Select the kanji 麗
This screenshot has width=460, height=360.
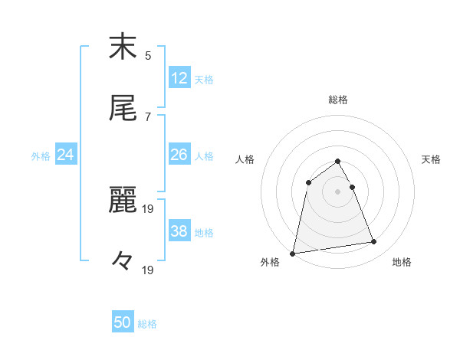click(x=123, y=200)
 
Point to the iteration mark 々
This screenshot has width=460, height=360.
click(x=122, y=261)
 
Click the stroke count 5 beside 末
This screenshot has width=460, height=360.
click(x=148, y=55)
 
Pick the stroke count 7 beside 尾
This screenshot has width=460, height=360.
click(x=148, y=116)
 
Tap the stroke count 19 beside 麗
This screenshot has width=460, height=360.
click(x=150, y=208)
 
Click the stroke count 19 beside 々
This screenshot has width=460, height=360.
click(x=150, y=270)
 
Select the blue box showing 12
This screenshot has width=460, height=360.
click(x=179, y=77)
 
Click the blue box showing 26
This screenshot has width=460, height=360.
click(x=179, y=155)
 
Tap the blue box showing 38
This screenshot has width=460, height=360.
click(x=179, y=231)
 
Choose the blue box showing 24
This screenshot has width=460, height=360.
click(x=66, y=155)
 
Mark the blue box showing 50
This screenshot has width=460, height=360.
click(x=123, y=322)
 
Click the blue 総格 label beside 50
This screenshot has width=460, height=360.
click(x=147, y=324)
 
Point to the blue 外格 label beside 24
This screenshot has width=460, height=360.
click(x=41, y=156)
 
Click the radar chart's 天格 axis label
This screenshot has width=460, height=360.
click(x=431, y=159)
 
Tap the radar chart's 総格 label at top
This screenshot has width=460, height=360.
click(x=338, y=100)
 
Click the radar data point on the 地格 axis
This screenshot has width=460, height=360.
click(x=374, y=242)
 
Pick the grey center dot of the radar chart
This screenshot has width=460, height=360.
click(x=338, y=191)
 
